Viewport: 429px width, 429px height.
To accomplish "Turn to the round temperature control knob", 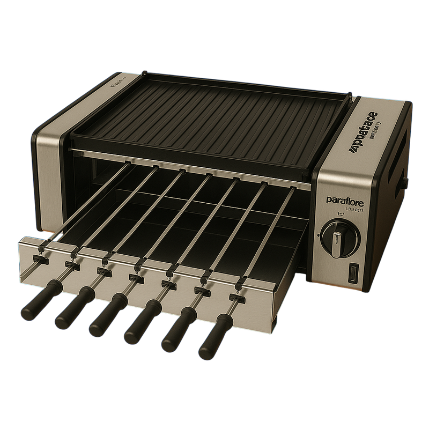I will (x=335, y=236).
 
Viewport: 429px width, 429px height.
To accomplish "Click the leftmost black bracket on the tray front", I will (x=38, y=258).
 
